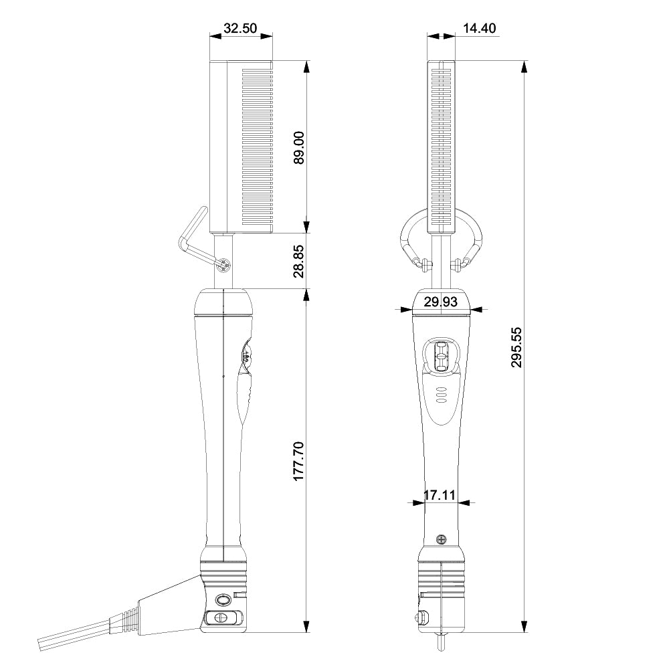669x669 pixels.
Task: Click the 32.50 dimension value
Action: click(240, 28)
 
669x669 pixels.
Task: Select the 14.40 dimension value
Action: click(479, 28)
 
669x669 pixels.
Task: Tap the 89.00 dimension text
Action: click(298, 147)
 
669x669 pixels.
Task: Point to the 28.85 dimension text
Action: click(298, 261)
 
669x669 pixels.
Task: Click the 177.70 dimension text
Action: click(298, 461)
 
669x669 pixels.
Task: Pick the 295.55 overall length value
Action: click(516, 347)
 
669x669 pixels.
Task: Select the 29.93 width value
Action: click(441, 302)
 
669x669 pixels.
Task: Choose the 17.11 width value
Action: click(440, 496)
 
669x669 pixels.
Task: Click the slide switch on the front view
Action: click(442, 355)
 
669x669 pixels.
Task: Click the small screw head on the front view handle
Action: click(441, 539)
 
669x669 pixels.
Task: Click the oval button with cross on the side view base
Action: click(219, 617)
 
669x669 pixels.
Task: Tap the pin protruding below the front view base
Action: click(441, 641)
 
